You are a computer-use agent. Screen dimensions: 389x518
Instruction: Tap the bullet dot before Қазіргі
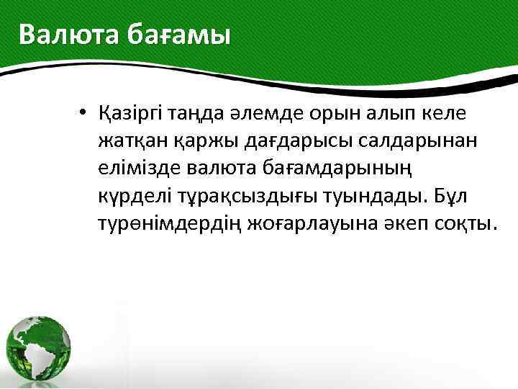tap(84, 113)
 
